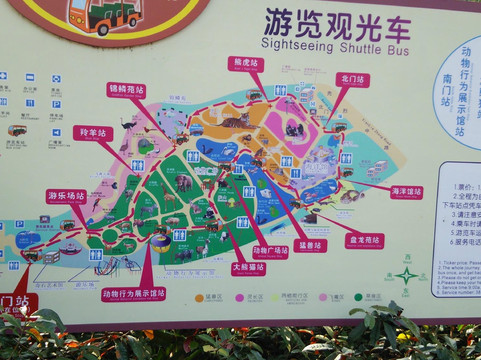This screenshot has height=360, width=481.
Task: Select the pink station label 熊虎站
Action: point(245,63)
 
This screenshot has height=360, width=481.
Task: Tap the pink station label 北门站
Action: point(352,79)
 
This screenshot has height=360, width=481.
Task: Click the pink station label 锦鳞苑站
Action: point(126,89)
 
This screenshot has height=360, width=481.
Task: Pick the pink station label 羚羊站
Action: point(92,133)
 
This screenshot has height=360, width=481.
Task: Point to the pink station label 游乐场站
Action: point(66,196)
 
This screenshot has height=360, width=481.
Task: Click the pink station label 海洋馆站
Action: point(406,191)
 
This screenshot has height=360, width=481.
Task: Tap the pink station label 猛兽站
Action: point(312,245)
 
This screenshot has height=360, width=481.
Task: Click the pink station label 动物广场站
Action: point(270,252)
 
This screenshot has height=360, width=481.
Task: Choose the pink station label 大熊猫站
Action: point(248,268)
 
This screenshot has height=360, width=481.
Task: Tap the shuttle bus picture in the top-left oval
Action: point(103,15)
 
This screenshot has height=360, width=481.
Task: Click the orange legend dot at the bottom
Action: point(200,297)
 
